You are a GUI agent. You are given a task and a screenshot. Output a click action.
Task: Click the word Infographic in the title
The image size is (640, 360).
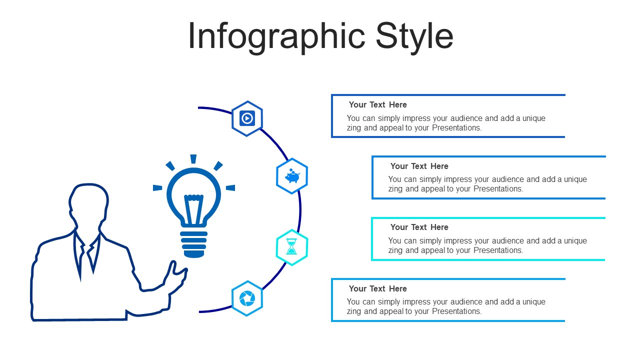click(276, 37)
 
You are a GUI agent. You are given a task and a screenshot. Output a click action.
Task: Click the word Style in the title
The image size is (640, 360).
click(414, 37)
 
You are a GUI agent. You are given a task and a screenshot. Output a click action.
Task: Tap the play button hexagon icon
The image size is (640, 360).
click(247, 118)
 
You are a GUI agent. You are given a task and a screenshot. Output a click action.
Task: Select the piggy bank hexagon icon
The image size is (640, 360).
click(292, 176)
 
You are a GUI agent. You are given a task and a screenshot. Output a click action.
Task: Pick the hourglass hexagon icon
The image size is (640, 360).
click(291, 247)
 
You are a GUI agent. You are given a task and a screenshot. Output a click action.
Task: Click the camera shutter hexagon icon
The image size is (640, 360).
click(247, 298)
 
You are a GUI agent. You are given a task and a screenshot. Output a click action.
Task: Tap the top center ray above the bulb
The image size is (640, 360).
click(193, 159)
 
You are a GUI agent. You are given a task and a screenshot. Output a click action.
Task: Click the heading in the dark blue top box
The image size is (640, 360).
click(377, 104)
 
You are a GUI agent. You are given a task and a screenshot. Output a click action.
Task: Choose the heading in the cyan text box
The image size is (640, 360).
click(419, 227)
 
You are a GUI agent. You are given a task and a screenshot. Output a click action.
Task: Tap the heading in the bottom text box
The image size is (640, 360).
click(377, 288)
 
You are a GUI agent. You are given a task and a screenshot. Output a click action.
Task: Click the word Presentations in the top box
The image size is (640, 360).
click(456, 127)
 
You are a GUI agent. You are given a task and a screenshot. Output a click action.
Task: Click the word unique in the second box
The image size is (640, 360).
click(575, 179)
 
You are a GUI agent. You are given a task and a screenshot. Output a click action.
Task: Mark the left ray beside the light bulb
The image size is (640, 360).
click(157, 187)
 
